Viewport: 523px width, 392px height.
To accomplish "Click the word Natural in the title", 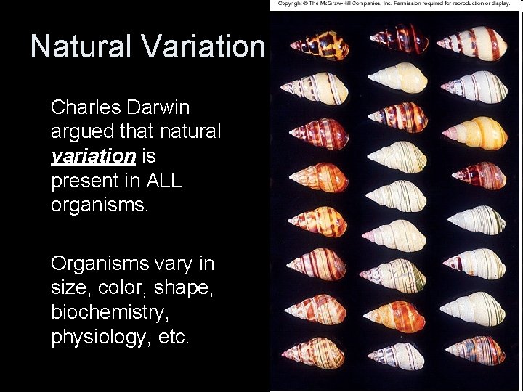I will click(82, 46).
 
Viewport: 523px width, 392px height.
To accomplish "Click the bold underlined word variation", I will click(93, 156).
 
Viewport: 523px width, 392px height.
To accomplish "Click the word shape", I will click(183, 288).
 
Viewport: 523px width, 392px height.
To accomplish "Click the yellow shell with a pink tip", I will click(477, 134).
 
